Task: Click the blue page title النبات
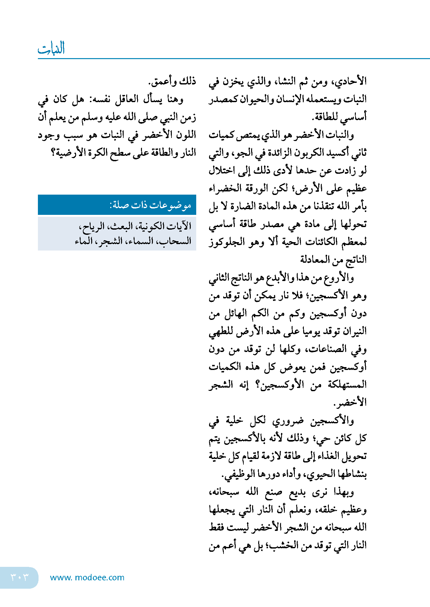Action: tap(51, 48)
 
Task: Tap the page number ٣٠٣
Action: tap(19, 577)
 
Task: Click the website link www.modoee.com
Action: tap(87, 577)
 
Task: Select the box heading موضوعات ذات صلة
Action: tap(150, 205)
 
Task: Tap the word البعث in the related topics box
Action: tap(121, 226)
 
